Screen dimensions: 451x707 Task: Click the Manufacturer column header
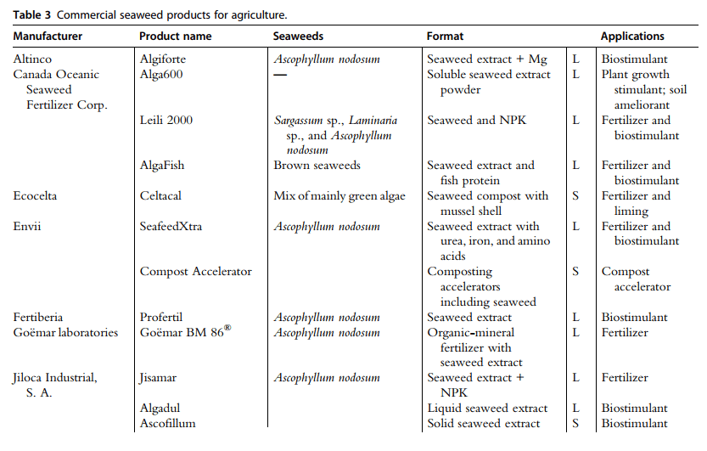pos(48,37)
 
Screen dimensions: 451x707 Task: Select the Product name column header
pos(175,37)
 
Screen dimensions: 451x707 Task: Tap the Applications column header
pos(632,37)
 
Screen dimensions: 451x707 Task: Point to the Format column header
pos(445,37)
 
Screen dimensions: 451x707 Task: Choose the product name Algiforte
pos(162,59)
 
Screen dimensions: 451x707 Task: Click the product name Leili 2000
pos(166,121)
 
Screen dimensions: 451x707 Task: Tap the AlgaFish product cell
pos(161,166)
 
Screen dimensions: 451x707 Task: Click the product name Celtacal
pos(161,196)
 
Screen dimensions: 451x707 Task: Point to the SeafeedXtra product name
pos(171,227)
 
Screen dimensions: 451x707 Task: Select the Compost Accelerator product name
pos(195,272)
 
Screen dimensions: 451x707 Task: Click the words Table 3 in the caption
pos(31,14)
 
